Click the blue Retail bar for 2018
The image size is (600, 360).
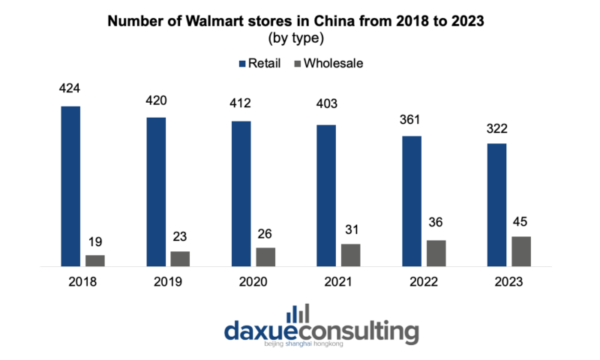coord(70,186)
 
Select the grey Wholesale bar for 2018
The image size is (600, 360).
coord(94,260)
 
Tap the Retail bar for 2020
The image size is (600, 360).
coord(241,193)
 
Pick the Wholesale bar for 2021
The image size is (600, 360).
coord(350,255)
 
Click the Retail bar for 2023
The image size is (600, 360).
coord(496,204)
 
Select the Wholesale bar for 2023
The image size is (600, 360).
coord(521,251)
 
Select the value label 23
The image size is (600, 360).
coord(180,237)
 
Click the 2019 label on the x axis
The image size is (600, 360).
coord(167,282)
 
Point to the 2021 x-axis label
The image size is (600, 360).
coord(338,282)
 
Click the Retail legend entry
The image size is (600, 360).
coord(259,63)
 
